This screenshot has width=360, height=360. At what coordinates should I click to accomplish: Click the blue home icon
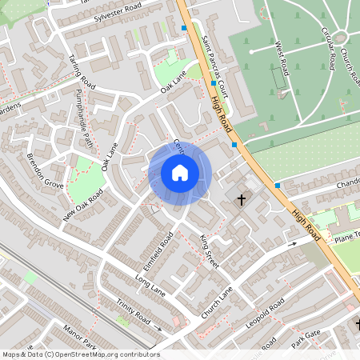[x=180, y=173]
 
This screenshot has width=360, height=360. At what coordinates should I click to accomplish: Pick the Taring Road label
[x=82, y=72]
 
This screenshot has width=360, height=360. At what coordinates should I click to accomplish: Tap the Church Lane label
[x=217, y=303]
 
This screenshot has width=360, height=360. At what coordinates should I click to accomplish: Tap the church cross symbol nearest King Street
[x=242, y=195]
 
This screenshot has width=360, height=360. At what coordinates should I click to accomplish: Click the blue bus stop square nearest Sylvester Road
[x=184, y=28]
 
